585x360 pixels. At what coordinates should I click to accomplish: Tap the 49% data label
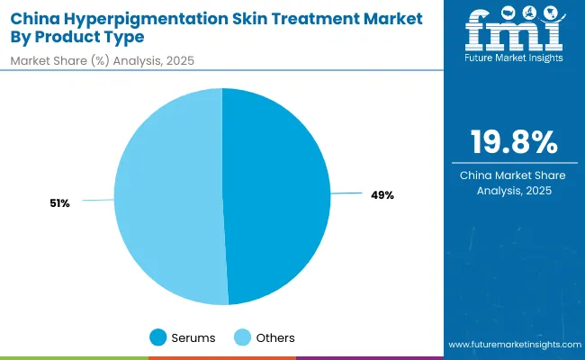click(x=382, y=194)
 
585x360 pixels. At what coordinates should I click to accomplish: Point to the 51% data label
click(x=60, y=203)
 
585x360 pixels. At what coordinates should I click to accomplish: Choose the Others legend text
click(x=276, y=337)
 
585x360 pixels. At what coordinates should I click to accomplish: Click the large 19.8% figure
click(x=513, y=142)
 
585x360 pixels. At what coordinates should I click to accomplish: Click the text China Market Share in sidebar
click(x=513, y=174)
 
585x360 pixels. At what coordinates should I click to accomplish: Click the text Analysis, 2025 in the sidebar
click(x=513, y=190)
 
